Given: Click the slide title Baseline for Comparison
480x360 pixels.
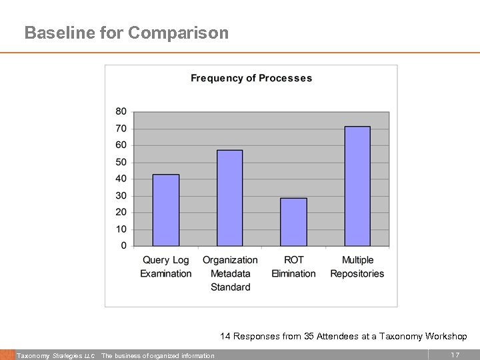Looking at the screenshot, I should point(126,33).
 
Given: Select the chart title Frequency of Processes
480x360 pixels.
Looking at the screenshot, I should point(251,78).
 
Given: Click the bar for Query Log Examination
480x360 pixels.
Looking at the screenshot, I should point(166,210).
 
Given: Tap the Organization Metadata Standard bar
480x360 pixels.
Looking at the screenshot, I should point(230,198).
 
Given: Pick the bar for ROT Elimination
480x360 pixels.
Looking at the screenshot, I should point(293,222).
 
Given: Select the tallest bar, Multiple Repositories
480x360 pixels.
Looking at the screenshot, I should point(357,186).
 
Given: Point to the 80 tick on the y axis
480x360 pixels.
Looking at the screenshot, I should point(121,111).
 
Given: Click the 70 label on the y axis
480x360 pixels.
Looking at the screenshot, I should point(121,129).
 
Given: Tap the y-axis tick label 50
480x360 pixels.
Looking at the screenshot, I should point(121,162).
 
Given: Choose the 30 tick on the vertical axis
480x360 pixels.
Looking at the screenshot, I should point(121,196).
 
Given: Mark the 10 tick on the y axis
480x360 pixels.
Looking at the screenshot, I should point(121,229).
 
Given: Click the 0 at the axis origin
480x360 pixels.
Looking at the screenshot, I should point(123,246).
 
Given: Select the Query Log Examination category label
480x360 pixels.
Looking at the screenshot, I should point(166,267).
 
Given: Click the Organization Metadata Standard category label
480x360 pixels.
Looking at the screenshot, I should point(230,273).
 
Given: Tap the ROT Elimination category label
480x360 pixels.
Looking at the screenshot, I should point(293,267).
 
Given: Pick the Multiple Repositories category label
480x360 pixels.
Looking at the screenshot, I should point(357,267).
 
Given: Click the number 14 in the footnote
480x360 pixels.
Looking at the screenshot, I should point(225,337).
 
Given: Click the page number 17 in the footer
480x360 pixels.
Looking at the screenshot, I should point(455,355).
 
